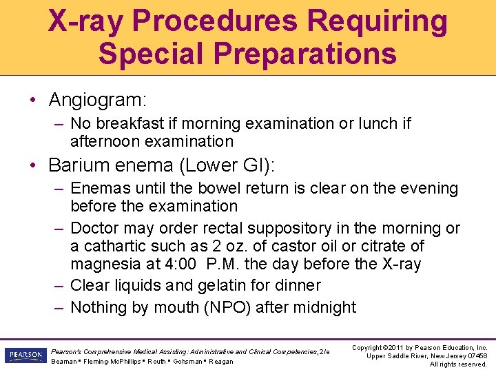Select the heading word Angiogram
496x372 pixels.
(96, 100)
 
